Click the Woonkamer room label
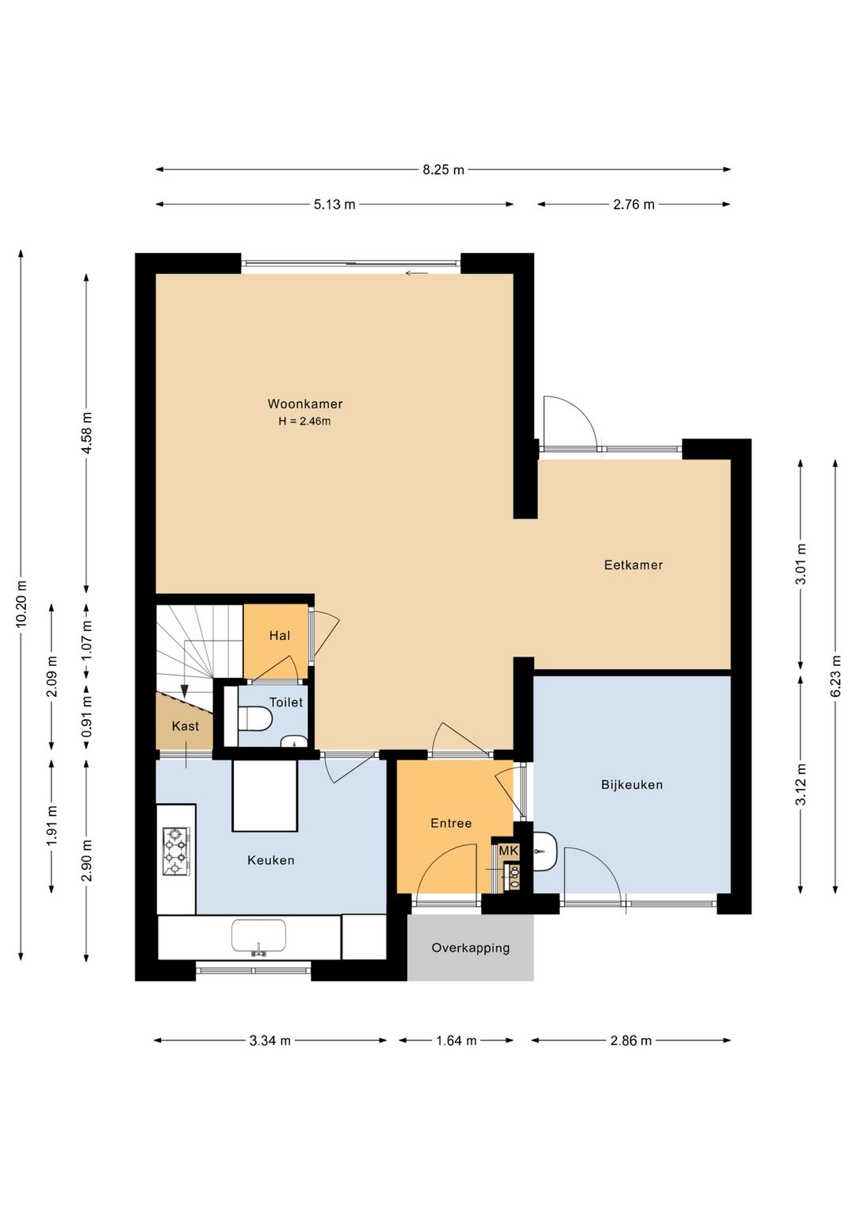(x=305, y=404)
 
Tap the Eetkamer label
(x=633, y=565)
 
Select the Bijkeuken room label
(x=632, y=785)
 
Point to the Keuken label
(x=270, y=860)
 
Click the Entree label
(x=451, y=823)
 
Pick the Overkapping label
(x=470, y=948)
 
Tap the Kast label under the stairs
(x=185, y=726)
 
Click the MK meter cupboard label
(x=508, y=851)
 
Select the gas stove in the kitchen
(x=176, y=852)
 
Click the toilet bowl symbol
(x=255, y=719)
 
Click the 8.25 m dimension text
(x=443, y=170)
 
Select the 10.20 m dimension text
(x=21, y=604)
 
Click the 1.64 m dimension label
(x=457, y=1040)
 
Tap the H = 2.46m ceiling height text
(x=304, y=421)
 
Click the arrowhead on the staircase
(x=185, y=691)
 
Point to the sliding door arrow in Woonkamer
(x=417, y=274)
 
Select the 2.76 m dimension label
(x=633, y=205)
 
